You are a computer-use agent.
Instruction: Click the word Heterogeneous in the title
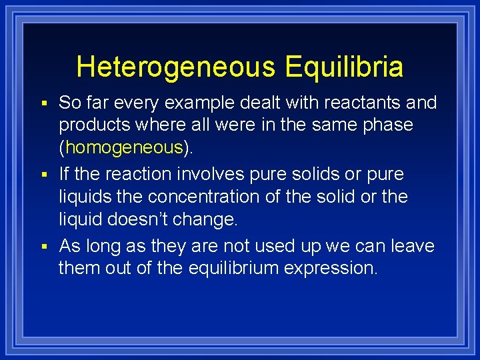[x=175, y=67]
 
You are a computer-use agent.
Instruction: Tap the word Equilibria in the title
[x=343, y=67]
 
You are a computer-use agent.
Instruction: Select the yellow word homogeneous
[x=125, y=147]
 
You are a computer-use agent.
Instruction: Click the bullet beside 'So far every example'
[x=44, y=103]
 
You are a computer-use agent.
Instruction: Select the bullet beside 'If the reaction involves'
[x=44, y=175]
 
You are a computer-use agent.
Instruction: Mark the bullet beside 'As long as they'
[x=44, y=247]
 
